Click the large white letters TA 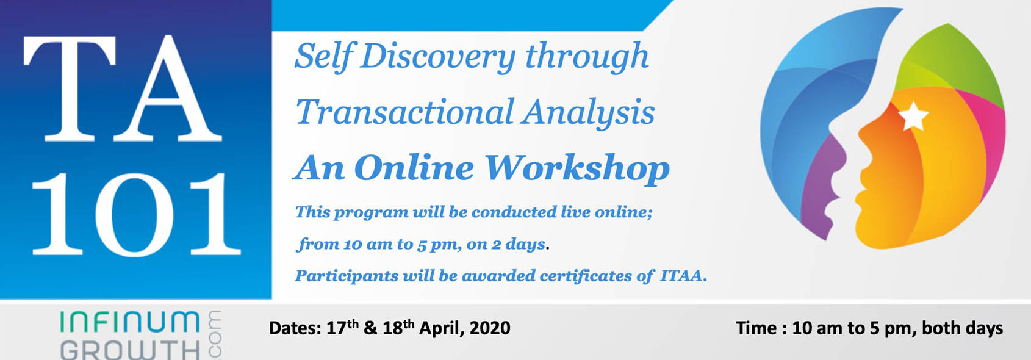point(123,88)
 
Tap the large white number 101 point(136,214)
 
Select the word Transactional point(404,112)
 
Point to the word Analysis point(588,113)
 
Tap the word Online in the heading point(414,168)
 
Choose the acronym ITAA point(683,276)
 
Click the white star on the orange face point(913,117)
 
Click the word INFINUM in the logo point(131,322)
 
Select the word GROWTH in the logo point(131,350)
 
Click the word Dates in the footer point(295,328)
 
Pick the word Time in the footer point(756,328)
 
